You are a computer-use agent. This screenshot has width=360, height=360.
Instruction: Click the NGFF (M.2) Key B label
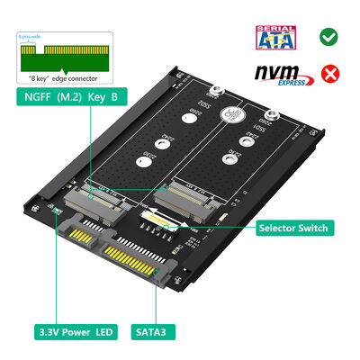coord(67,94)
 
